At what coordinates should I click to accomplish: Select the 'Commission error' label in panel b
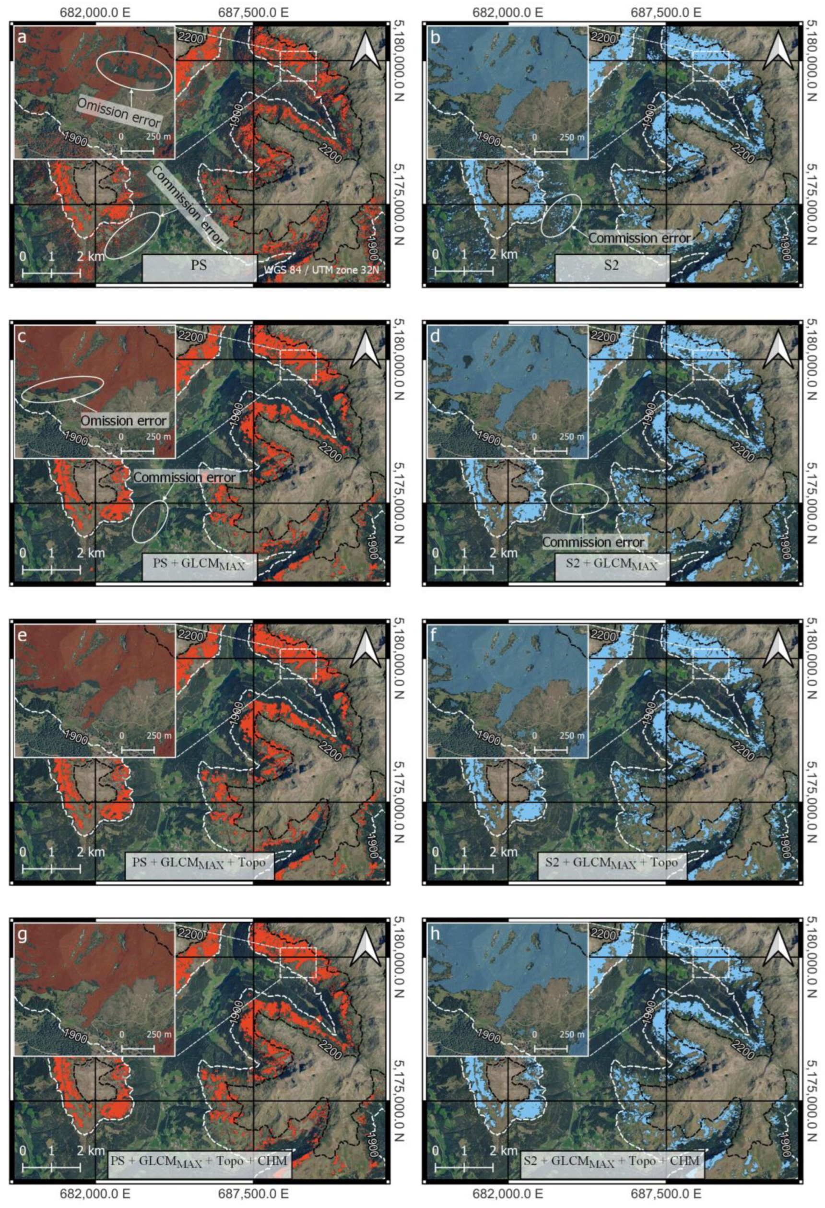click(x=639, y=238)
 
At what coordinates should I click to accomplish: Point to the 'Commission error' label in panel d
click(x=593, y=542)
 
